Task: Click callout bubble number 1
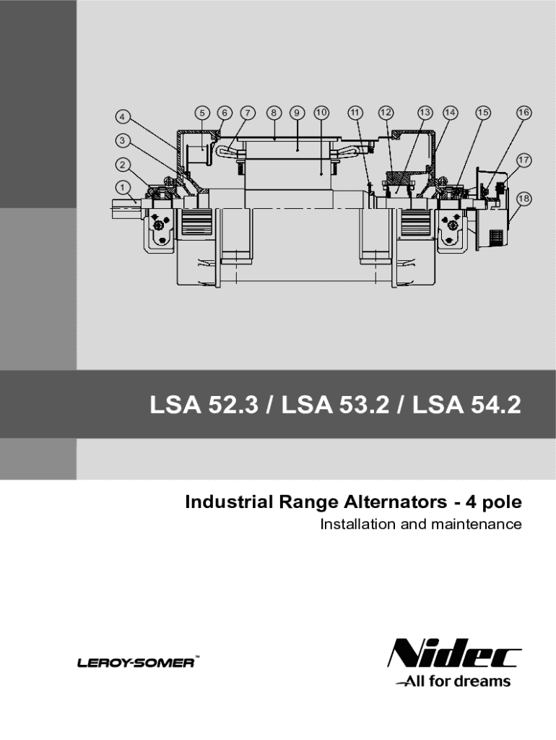[x=123, y=187]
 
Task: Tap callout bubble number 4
[x=123, y=116]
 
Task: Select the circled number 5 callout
[x=202, y=113]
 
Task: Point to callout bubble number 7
[x=248, y=113]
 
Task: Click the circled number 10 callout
[x=321, y=113]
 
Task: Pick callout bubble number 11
[x=355, y=113]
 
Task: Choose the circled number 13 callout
[x=425, y=113]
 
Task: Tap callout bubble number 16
[x=524, y=113]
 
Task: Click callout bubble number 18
[x=524, y=199]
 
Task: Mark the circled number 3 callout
[x=123, y=140]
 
